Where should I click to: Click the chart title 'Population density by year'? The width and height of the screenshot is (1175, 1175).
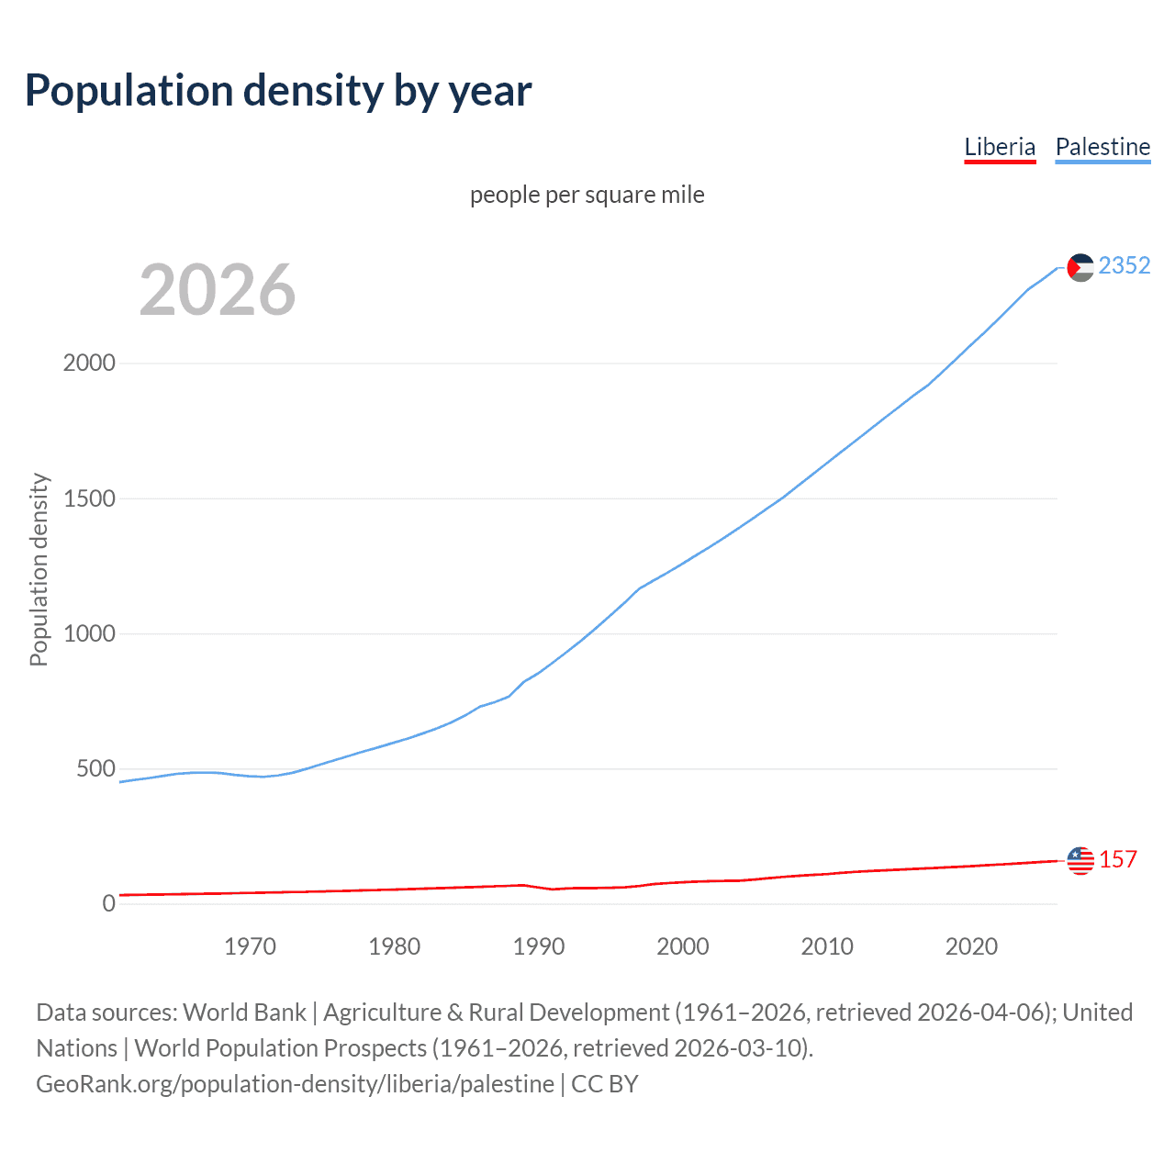pos(278,91)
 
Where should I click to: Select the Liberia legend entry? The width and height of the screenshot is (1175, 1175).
pos(1000,147)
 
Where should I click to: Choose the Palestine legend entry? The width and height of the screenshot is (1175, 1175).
pos(1102,147)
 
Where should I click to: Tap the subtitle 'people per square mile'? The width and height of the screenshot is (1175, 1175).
pos(587,196)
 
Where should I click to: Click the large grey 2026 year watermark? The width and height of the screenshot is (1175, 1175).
pos(218,290)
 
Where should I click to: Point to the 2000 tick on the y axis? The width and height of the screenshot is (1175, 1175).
pos(89,364)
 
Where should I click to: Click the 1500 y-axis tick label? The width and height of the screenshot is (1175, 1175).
pos(89,498)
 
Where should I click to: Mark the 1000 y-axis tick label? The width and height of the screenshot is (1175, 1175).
pos(89,633)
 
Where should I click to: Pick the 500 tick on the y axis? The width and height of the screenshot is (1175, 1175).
pos(95,768)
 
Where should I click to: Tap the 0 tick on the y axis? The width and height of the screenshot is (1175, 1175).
pos(109,903)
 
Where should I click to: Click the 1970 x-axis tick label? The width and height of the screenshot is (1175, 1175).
pos(250,946)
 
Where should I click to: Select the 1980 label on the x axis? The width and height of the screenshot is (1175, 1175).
pos(394,946)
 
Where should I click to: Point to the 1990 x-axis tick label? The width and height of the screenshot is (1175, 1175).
pos(539,946)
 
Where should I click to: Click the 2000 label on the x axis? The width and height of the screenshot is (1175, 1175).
pos(683,946)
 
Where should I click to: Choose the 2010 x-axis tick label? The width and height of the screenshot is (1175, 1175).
pos(827,946)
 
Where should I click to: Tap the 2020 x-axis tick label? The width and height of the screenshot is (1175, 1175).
pos(971,946)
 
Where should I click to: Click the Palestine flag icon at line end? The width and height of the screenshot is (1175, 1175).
pos(1080,267)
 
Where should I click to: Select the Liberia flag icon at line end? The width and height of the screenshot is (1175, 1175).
pos(1080,860)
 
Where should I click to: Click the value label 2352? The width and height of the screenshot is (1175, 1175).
pos(1125,266)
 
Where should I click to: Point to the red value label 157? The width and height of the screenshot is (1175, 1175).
pos(1118,860)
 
